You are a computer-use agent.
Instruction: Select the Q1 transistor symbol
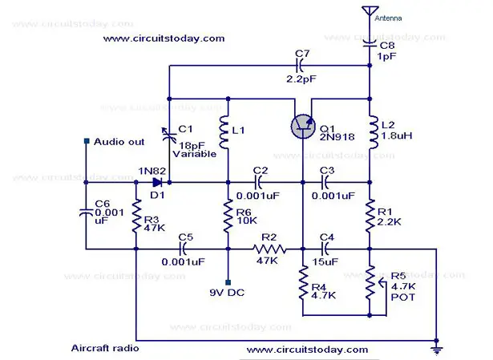coord(303,127)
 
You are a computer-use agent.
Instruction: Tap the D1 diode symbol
coord(157,182)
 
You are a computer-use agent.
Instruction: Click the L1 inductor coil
coord(224,132)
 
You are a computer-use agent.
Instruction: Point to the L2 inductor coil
coord(374,132)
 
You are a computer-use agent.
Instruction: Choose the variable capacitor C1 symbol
coord(169,136)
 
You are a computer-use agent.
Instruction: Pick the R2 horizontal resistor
coord(269,249)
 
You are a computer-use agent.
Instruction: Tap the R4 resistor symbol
coord(303,283)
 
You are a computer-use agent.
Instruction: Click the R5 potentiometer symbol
coord(373,283)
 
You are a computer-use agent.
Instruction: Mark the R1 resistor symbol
coord(370,216)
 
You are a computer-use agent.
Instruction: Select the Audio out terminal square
coord(87,141)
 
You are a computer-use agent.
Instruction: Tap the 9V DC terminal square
coord(228,283)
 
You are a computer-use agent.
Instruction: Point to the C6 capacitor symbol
coord(86,212)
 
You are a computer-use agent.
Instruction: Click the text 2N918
coord(337,137)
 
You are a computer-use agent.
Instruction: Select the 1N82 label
coord(152,171)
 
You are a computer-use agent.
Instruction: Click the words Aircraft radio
coord(105,348)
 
